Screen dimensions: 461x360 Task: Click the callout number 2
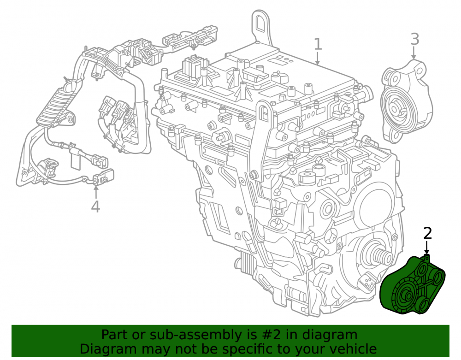(427, 233)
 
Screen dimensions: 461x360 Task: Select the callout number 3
(414, 39)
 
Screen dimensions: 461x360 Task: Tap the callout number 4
(95, 207)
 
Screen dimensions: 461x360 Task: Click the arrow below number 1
(318, 58)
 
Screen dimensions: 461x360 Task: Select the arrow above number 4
(95, 191)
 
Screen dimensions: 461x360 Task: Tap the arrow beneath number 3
(414, 53)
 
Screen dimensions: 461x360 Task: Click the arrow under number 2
(427, 248)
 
